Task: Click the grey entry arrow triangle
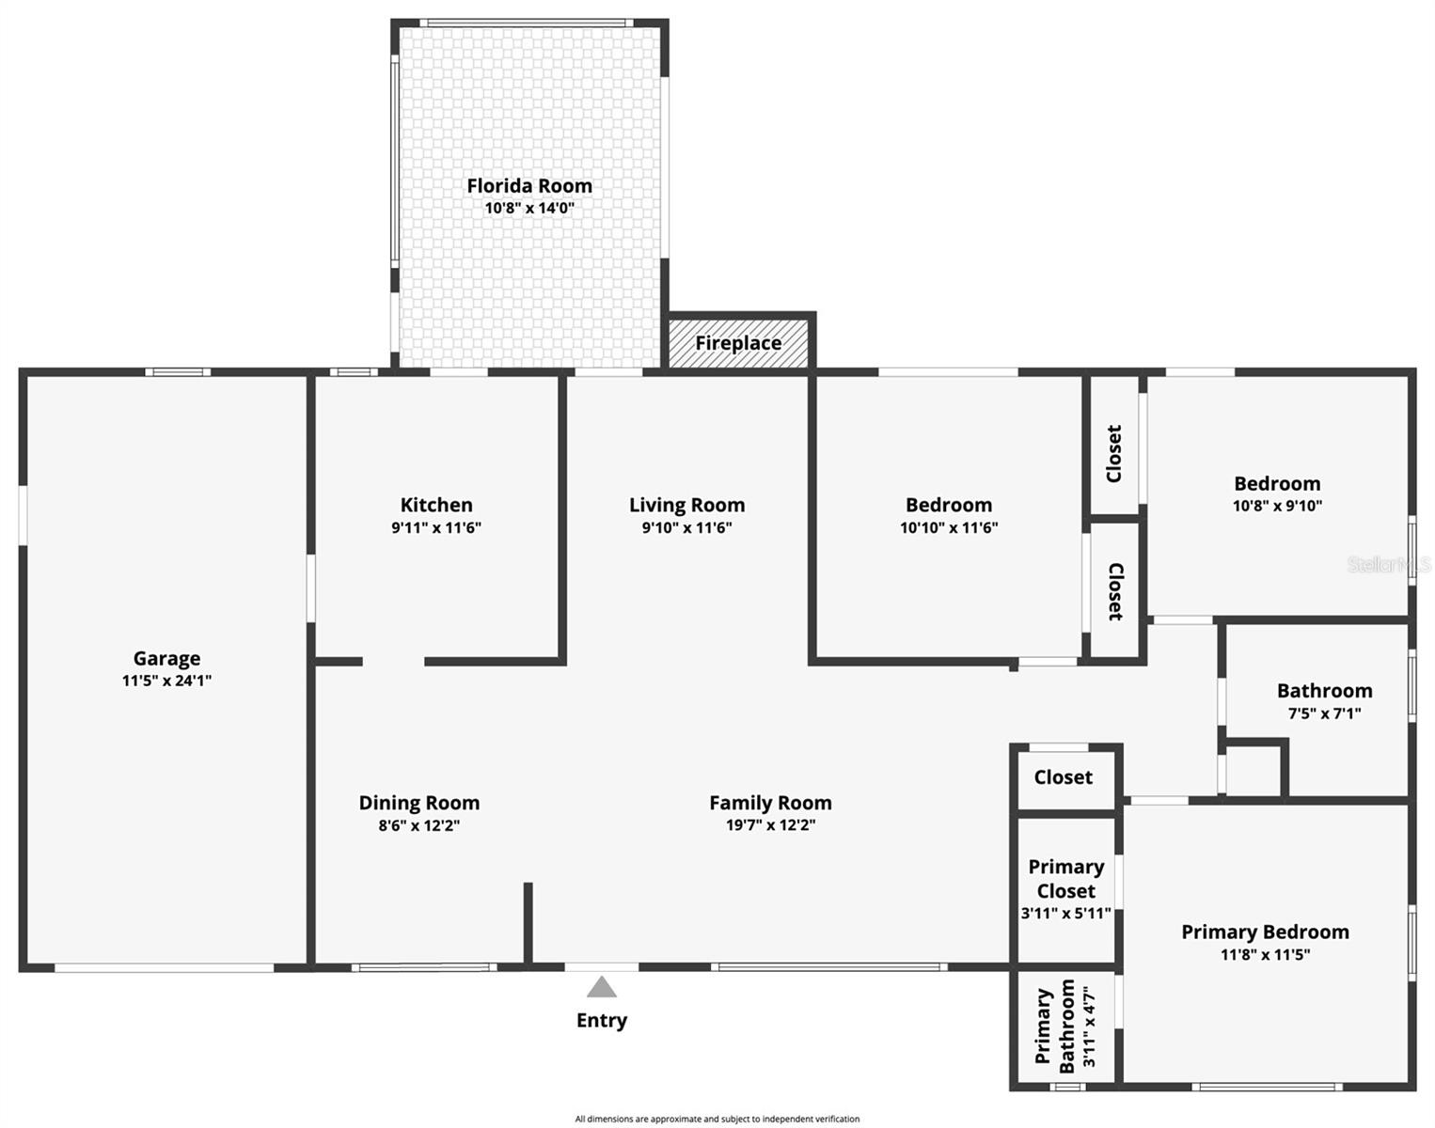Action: pyautogui.click(x=602, y=987)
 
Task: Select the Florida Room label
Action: pyautogui.click(x=529, y=186)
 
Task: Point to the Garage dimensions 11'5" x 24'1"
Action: pyautogui.click(x=166, y=681)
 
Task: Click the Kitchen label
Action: pyautogui.click(x=436, y=505)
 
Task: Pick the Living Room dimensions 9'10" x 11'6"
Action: pyautogui.click(x=686, y=527)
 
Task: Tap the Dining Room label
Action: pyautogui.click(x=419, y=803)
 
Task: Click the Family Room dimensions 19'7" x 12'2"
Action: pyautogui.click(x=770, y=825)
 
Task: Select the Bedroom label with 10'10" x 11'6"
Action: pyautogui.click(x=949, y=505)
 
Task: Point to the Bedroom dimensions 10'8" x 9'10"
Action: pyautogui.click(x=1277, y=506)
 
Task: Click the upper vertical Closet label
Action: pyautogui.click(x=1114, y=453)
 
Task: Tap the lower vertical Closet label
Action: pyautogui.click(x=1114, y=591)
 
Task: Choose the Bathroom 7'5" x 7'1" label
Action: pyautogui.click(x=1324, y=691)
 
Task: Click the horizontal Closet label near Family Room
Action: pyautogui.click(x=1063, y=777)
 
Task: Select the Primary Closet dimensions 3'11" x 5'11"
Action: pyautogui.click(x=1065, y=913)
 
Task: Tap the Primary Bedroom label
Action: pyautogui.click(x=1265, y=932)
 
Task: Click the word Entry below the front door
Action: pyautogui.click(x=602, y=1021)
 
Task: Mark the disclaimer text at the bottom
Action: pyautogui.click(x=717, y=1119)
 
